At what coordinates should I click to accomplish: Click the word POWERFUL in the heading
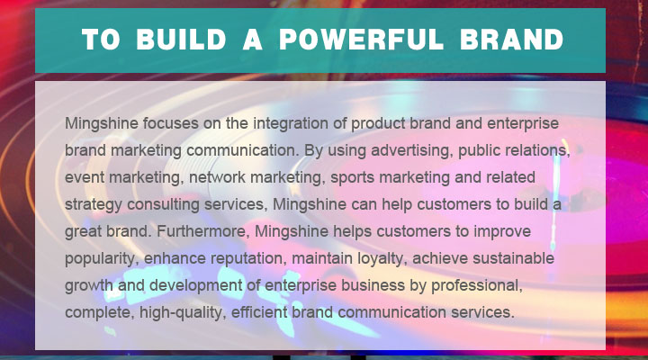click(x=362, y=40)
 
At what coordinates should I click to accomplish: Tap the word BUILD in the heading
click(x=181, y=40)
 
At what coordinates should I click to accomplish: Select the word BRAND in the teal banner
click(x=511, y=40)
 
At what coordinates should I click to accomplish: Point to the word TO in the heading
click(x=101, y=40)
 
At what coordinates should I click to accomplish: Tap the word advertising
click(x=410, y=151)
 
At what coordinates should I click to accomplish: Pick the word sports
click(x=352, y=178)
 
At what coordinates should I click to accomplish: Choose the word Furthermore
click(x=202, y=231)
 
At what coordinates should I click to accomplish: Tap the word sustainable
click(x=513, y=258)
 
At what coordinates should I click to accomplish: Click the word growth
click(x=89, y=286)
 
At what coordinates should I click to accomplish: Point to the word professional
click(x=477, y=286)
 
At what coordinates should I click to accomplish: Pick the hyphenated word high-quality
click(x=183, y=313)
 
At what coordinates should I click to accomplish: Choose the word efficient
click(x=258, y=312)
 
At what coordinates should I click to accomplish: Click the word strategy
click(x=94, y=205)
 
